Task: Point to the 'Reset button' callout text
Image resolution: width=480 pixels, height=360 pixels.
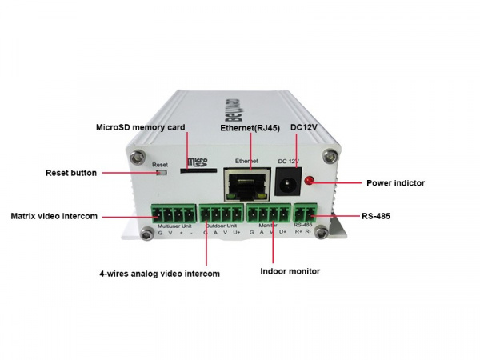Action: pyautogui.click(x=71, y=173)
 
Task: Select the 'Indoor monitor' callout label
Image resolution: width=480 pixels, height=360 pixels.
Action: pyautogui.click(x=290, y=271)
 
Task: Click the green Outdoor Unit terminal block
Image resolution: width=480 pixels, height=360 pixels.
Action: pyautogui.click(x=221, y=215)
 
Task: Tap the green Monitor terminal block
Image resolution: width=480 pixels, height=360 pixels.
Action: pyautogui.click(x=268, y=215)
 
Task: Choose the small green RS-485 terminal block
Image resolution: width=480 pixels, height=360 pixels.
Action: pyautogui.click(x=304, y=215)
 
